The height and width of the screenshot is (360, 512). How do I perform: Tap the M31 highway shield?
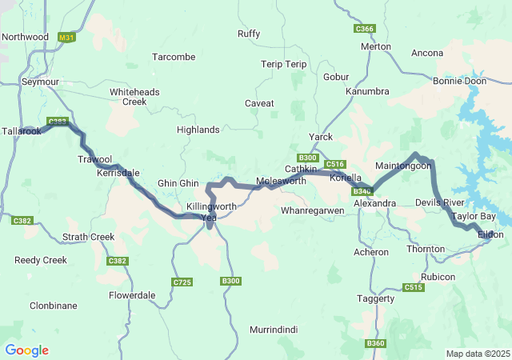click(x=67, y=38)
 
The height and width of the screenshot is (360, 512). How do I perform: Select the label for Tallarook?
click(x=21, y=131)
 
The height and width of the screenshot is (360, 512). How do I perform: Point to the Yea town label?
click(x=209, y=218)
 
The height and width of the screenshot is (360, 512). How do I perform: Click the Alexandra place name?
click(x=374, y=203)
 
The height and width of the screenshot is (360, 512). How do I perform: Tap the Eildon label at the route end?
click(x=490, y=234)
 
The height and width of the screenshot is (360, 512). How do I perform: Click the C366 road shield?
click(x=364, y=29)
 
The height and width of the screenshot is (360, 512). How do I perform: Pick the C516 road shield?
click(x=335, y=164)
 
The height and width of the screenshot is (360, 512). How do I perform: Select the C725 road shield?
click(x=182, y=282)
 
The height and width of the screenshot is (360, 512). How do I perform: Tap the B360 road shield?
click(x=375, y=343)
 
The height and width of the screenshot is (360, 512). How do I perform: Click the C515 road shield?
click(x=414, y=287)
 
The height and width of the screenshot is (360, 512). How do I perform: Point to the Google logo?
click(x=26, y=350)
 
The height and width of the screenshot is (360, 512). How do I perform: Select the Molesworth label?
click(x=281, y=182)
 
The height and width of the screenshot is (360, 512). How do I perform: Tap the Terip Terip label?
click(x=284, y=64)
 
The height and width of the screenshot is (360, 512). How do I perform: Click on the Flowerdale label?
click(x=132, y=294)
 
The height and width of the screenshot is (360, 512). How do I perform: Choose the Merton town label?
click(x=376, y=46)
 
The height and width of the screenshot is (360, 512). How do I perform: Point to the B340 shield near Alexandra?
click(x=362, y=191)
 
